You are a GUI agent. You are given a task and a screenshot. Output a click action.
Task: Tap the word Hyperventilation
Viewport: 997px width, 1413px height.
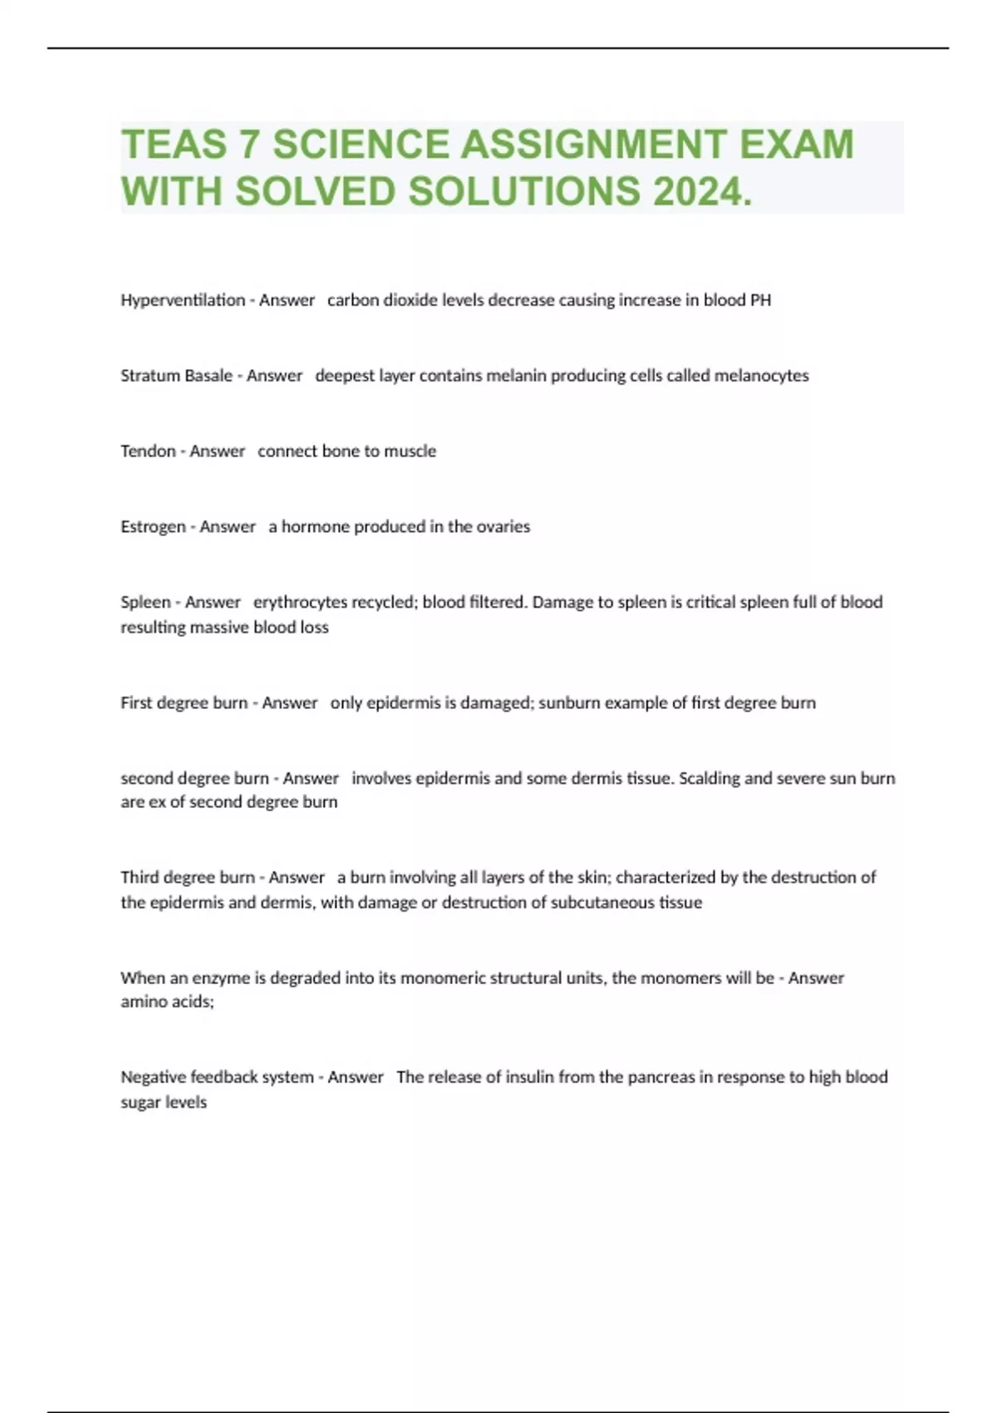183,300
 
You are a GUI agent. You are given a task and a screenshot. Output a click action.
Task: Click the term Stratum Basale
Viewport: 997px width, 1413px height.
176,376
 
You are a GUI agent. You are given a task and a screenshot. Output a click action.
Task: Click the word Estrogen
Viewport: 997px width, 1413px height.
153,527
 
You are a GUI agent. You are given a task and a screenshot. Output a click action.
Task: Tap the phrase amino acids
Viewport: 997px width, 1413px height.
167,1002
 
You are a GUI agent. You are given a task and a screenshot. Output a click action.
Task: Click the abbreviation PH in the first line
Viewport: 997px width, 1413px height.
760,300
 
